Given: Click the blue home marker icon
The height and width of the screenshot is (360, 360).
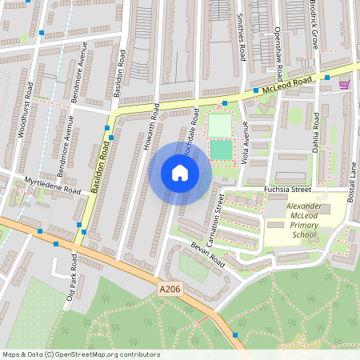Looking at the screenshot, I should (x=180, y=173).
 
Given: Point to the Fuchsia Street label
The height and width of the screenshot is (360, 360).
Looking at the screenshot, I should (x=286, y=190).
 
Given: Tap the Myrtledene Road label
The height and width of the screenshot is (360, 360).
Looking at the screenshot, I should (x=52, y=186).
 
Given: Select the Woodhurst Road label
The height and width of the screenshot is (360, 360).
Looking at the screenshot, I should (x=25, y=110).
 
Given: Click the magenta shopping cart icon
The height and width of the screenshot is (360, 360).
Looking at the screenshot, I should (x=344, y=84).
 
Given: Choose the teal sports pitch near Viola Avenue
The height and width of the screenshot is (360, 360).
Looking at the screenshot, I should (x=219, y=149).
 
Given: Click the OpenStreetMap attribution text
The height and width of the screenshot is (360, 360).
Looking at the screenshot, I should (x=81, y=354).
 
